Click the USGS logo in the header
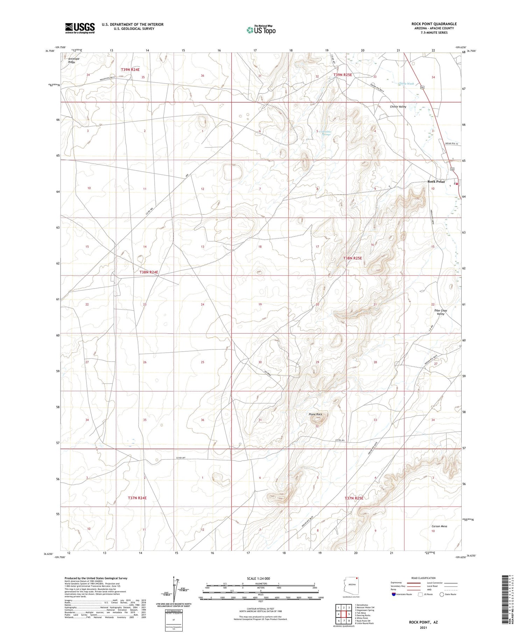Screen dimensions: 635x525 (80, 28)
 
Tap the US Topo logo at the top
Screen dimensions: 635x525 (261, 30)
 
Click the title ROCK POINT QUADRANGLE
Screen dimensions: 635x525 (434, 24)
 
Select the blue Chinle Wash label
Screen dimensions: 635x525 (406, 84)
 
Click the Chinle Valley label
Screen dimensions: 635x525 (398, 106)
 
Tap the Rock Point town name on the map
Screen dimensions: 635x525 (436, 181)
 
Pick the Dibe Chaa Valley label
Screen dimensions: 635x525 (441, 312)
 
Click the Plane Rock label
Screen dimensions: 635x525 (315, 414)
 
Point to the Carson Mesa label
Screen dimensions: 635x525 (439, 526)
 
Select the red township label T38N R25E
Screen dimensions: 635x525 (352, 258)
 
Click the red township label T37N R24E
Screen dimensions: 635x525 (137, 498)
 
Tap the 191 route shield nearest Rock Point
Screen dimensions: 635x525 (452, 169)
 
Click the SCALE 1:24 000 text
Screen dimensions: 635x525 (258, 578)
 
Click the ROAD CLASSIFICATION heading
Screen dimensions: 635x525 (423, 578)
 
